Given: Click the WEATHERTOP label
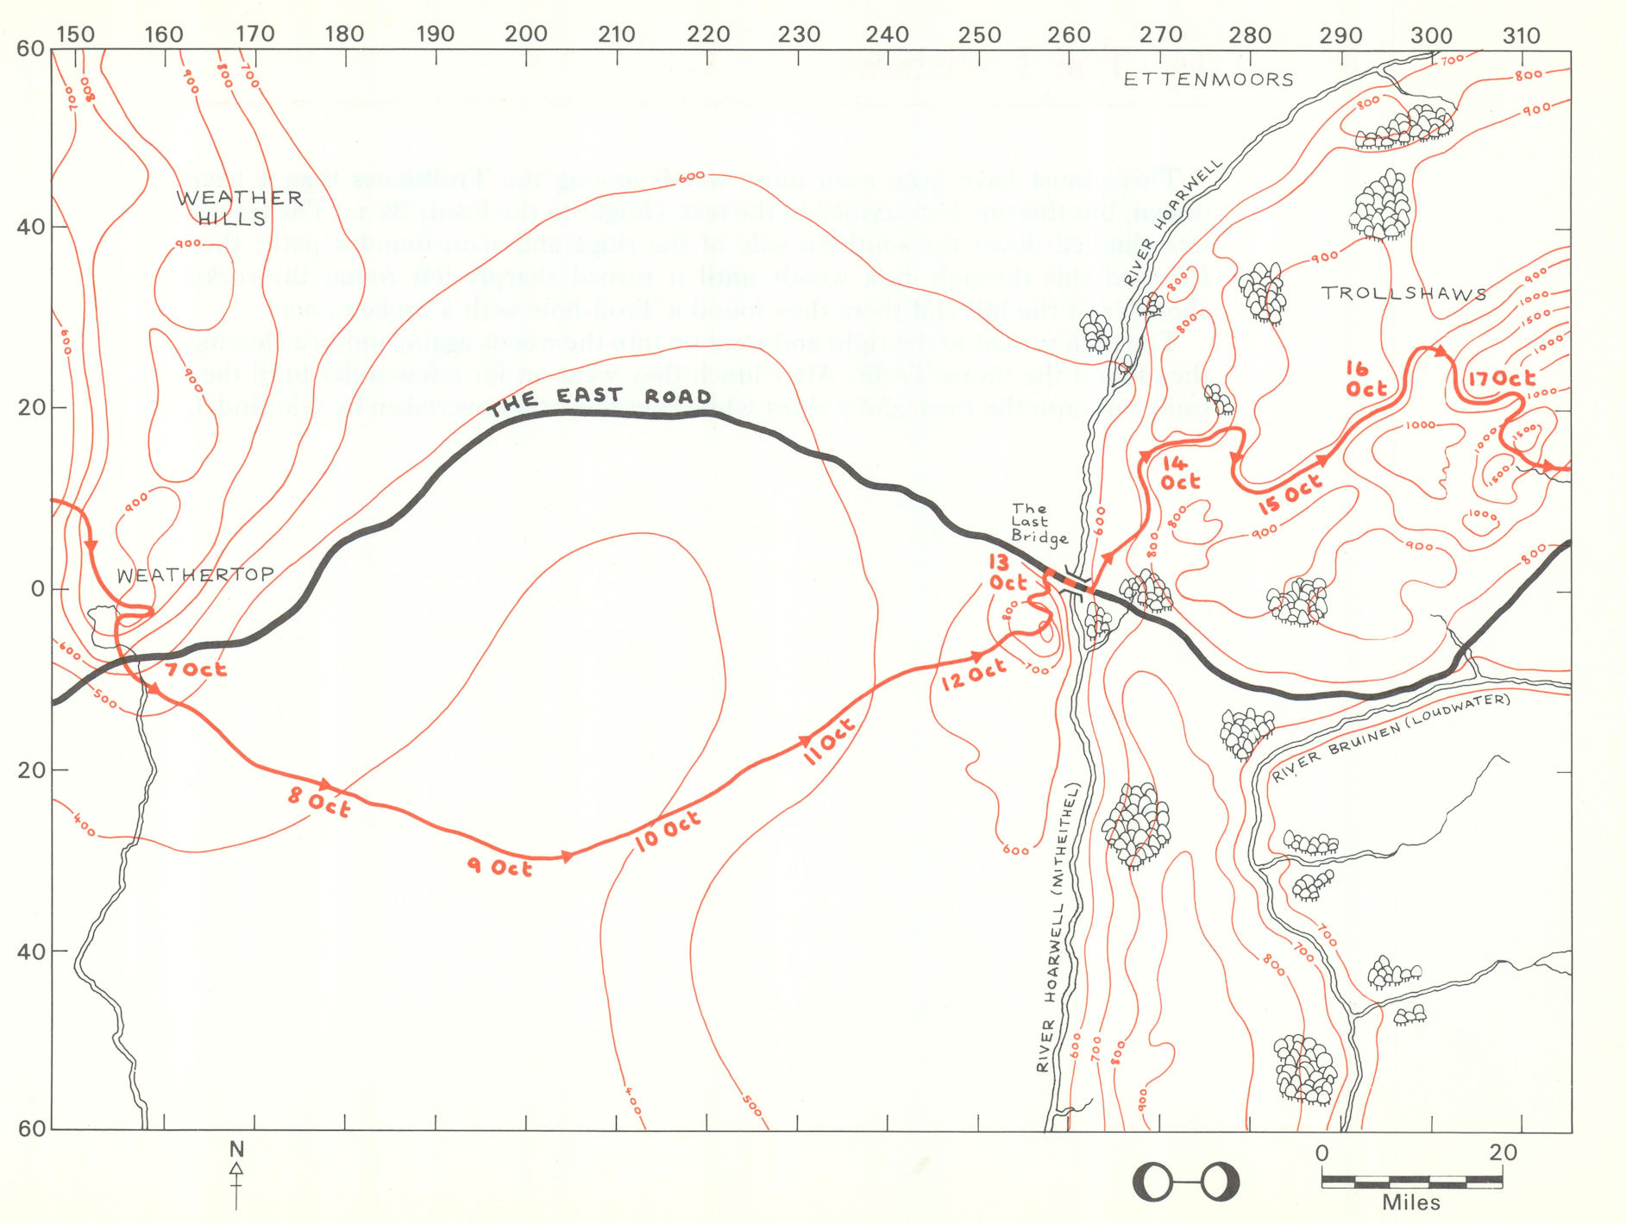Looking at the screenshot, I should (x=195, y=575).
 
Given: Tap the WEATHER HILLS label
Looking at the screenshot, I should (x=238, y=208).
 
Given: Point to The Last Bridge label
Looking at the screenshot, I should (x=1038, y=524).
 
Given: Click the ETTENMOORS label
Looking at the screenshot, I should (x=1209, y=80).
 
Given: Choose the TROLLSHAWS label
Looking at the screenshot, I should (x=1403, y=293).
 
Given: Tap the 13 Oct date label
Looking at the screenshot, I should (x=1006, y=573).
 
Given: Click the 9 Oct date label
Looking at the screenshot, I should (x=499, y=866).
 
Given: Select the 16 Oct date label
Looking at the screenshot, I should (x=1365, y=380).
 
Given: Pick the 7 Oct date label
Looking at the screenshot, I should (x=196, y=669).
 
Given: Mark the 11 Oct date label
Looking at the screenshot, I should (x=828, y=741).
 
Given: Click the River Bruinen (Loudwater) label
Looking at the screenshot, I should (x=1391, y=738).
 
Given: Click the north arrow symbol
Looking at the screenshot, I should (x=236, y=1173).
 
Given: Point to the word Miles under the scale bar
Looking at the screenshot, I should (x=1411, y=1202).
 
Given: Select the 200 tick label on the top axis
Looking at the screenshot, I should (x=525, y=35).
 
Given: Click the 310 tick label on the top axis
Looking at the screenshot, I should (x=1520, y=36).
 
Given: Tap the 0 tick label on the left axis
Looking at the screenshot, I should (x=37, y=589).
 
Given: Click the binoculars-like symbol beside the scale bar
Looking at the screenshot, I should (x=1185, y=1182).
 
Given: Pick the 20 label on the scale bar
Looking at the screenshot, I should (x=1502, y=1152).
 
